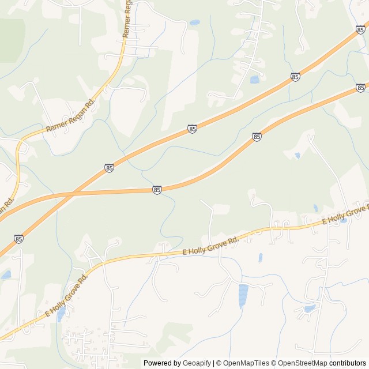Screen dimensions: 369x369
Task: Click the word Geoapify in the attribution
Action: click(197, 363)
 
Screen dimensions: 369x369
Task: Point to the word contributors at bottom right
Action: click(348, 363)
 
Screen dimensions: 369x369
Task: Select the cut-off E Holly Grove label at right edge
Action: click(345, 214)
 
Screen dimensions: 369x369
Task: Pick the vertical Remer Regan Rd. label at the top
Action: click(127, 19)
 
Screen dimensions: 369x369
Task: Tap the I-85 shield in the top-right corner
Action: click(361, 29)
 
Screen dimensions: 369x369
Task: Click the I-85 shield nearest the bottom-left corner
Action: click(18, 239)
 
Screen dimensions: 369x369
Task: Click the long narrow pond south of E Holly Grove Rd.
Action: click(243, 295)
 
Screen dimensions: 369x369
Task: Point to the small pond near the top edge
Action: click(195, 22)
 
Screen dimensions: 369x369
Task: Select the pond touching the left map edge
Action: click(5, 275)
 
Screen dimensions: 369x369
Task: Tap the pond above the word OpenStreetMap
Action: click(310, 309)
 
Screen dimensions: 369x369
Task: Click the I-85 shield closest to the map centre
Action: click(157, 190)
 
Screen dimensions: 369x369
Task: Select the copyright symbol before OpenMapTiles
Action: click(217, 363)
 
